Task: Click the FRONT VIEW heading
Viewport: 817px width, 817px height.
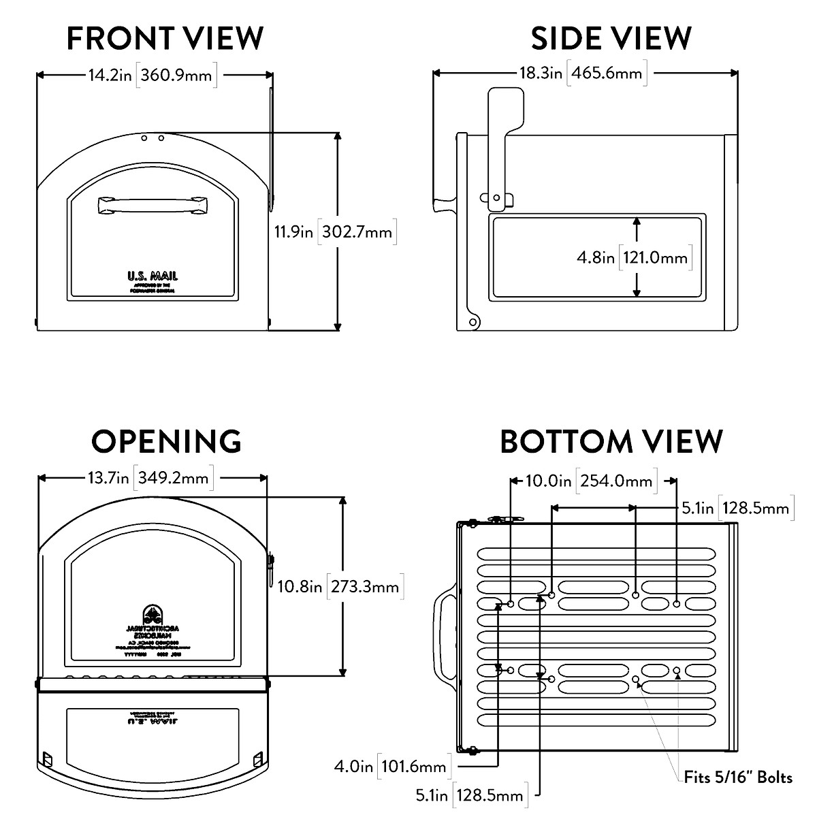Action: pos(165,39)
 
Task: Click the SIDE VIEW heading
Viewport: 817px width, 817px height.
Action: pos(611,39)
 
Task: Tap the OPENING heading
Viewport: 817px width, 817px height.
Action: pos(167,441)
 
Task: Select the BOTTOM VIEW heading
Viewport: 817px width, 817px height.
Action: pos(611,441)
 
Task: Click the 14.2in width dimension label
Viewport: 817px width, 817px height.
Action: pos(110,75)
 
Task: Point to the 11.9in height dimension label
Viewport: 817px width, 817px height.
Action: pos(293,232)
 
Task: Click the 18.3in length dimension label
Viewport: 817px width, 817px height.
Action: pos(541,73)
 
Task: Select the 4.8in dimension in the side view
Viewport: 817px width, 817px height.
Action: pos(596,258)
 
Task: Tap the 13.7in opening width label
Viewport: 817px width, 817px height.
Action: pos(108,477)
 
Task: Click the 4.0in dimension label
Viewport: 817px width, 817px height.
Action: pos(353,767)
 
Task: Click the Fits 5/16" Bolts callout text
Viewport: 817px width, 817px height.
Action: pos(738,777)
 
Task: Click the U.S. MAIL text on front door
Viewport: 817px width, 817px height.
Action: pos(153,276)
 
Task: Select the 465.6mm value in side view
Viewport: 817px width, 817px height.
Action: pos(607,73)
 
